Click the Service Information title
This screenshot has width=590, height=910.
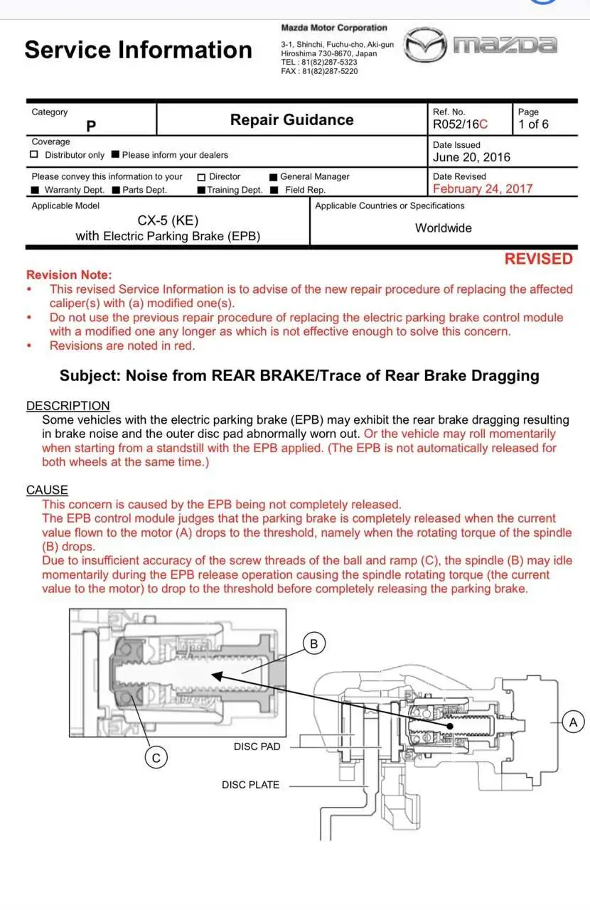(138, 50)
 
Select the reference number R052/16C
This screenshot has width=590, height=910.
(460, 124)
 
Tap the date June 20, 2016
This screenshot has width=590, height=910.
(471, 157)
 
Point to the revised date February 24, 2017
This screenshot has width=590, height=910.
(482, 188)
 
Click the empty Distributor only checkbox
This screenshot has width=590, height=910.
(34, 155)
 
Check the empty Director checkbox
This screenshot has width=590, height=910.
(201, 176)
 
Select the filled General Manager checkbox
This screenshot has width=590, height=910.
(273, 176)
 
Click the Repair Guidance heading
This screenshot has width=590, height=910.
(291, 120)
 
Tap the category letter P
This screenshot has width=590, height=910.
(91, 126)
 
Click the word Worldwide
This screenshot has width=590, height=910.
(444, 228)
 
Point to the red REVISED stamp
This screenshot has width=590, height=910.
(538, 259)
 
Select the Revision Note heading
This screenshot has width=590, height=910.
(69, 274)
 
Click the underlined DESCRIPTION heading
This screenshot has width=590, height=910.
(68, 406)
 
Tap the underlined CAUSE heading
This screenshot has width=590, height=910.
(47, 490)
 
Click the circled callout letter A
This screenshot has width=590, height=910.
(573, 722)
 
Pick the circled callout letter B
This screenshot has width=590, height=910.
(314, 643)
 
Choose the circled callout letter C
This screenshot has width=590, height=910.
(156, 759)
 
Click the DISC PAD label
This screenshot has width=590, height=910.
(257, 746)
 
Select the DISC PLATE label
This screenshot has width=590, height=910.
(250, 785)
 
